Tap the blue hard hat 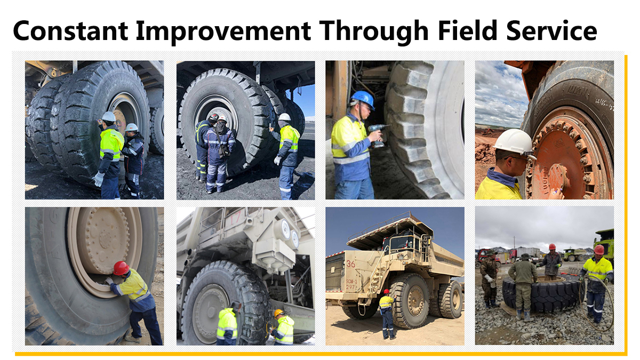pos(362,99)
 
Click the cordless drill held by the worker pos(377,133)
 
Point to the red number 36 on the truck pos(350,263)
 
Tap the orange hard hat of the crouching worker pos(278,313)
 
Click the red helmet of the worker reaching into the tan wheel pos(121,268)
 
